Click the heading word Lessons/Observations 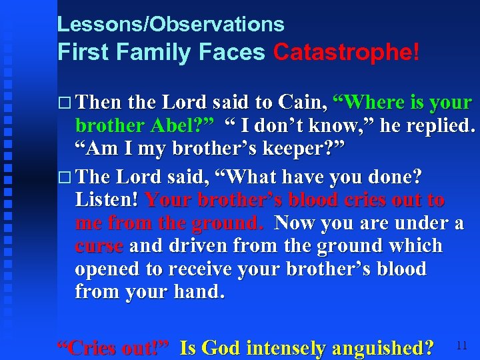(x=171, y=25)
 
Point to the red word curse (x=99, y=245)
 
